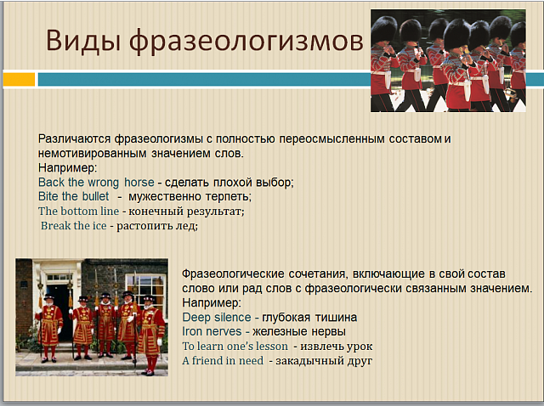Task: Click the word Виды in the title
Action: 83,41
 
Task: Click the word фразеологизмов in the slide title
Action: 246,42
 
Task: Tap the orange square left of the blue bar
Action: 19,79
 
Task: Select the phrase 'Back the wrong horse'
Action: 96,182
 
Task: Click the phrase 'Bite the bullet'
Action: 74,196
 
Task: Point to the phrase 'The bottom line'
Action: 78,211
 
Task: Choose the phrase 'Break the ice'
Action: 74,225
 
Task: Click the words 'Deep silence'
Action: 217,318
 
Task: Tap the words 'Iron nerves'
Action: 212,331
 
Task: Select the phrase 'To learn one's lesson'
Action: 235,346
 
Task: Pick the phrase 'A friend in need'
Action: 223,361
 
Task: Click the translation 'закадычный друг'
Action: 324,361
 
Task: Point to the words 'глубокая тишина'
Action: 309,318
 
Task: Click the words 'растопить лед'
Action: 156,226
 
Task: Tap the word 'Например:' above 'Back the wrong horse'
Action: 68,168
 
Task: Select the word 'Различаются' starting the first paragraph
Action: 74,138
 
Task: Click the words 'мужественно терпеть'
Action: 190,196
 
